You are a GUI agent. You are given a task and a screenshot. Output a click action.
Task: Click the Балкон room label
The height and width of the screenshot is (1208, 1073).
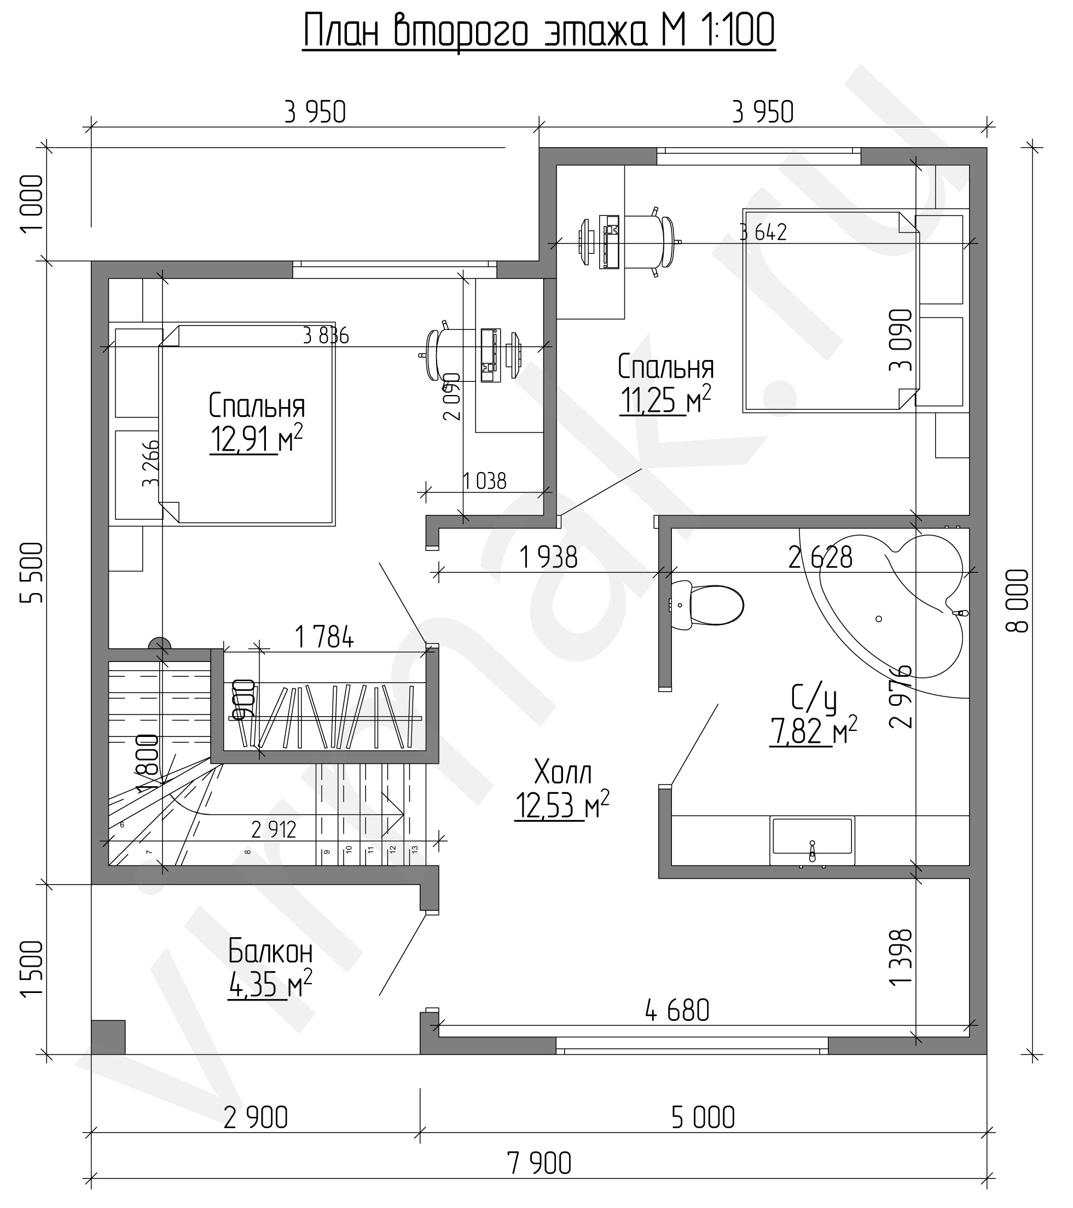(x=270, y=952)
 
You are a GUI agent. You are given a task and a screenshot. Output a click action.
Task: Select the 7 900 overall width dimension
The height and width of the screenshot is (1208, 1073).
(x=539, y=1164)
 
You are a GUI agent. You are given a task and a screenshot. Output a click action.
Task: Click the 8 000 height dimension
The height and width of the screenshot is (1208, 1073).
(x=1017, y=601)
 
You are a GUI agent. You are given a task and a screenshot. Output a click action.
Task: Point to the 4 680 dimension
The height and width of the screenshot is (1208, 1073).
(x=677, y=1011)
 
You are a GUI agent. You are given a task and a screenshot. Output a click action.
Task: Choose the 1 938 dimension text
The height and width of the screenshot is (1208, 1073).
(x=549, y=557)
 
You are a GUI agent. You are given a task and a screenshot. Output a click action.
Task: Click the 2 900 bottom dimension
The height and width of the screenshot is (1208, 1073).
(x=256, y=1118)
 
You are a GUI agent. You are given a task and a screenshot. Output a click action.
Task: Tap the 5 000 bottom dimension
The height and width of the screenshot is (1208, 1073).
(x=703, y=1118)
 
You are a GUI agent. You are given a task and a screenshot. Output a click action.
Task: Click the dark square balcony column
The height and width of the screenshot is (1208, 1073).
(x=108, y=1037)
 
